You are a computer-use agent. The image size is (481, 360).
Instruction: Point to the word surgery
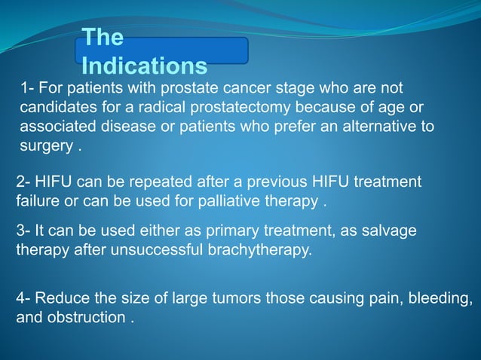pyautogui.click(x=45, y=145)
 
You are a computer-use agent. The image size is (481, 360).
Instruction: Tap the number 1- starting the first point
pyautogui.click(x=28, y=88)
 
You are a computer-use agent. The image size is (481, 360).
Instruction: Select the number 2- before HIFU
pyautogui.click(x=24, y=183)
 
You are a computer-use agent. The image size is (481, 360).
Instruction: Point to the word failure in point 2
pyautogui.click(x=36, y=203)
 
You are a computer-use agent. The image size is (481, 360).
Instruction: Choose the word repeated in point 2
pyautogui.click(x=164, y=183)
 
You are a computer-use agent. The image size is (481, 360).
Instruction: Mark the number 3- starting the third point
pyautogui.click(x=24, y=232)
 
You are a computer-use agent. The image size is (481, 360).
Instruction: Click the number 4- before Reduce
pyautogui.click(x=24, y=298)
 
